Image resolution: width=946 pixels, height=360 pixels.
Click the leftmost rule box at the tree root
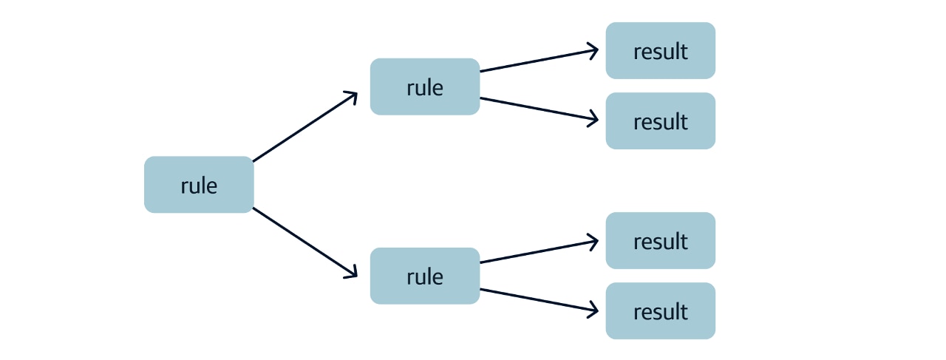pyautogui.click(x=199, y=185)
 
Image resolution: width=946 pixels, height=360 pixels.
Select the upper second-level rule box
pyautogui.click(x=425, y=86)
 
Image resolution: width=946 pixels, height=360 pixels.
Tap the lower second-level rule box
pyautogui.click(x=425, y=276)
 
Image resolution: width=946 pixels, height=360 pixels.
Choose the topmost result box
pyautogui.click(x=661, y=50)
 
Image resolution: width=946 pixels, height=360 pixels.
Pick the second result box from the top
pyautogui.click(x=661, y=120)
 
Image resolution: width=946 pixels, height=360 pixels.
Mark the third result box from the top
pyautogui.click(x=661, y=240)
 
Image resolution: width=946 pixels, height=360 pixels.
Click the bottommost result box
pyautogui.click(x=661, y=310)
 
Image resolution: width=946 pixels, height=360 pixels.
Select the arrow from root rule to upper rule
pyautogui.click(x=304, y=127)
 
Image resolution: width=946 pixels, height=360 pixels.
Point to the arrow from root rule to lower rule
pyautogui.click(x=304, y=242)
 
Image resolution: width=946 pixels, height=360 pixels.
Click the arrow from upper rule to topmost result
pyautogui.click(x=538, y=61)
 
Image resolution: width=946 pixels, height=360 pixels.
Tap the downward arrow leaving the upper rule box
pyautogui.click(x=538, y=109)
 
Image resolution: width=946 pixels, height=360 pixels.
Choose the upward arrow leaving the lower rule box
pyautogui.click(x=538, y=251)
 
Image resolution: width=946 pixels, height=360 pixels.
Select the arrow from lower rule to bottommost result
pyautogui.click(x=538, y=299)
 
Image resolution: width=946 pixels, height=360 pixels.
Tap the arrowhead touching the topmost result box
pyautogui.click(x=593, y=50)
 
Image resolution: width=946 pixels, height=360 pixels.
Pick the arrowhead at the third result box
pyautogui.click(x=593, y=240)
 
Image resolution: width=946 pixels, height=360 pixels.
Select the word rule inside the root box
pyautogui.click(x=199, y=185)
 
